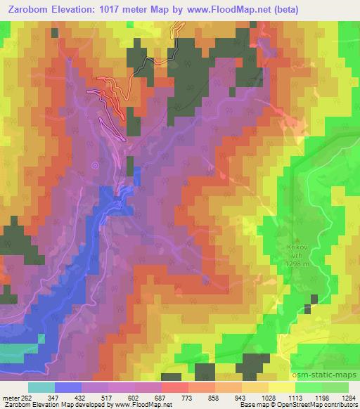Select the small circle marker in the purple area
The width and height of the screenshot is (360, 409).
tap(96, 166)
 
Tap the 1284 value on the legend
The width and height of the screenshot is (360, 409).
tap(349, 398)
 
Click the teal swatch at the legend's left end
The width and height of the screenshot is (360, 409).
tap(41, 387)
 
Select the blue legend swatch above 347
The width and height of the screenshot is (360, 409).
tap(67, 387)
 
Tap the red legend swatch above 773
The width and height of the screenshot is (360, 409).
tap(174, 387)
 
